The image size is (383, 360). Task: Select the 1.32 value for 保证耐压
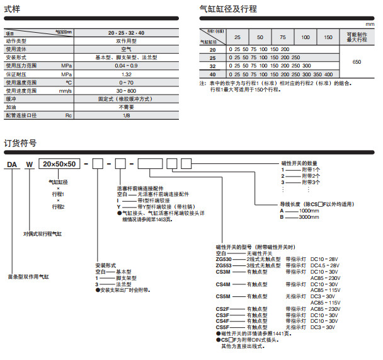(x=126, y=74)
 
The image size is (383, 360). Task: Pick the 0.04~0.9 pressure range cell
(x=126, y=65)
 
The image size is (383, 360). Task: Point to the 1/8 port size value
(x=126, y=115)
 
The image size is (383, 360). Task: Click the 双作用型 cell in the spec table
(x=126, y=40)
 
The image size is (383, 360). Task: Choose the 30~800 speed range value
(x=126, y=90)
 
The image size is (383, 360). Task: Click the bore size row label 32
(x=212, y=65)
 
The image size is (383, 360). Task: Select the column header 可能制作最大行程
(x=357, y=36)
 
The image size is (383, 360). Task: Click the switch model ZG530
(x=224, y=258)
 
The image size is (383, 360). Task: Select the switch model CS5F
(x=223, y=327)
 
